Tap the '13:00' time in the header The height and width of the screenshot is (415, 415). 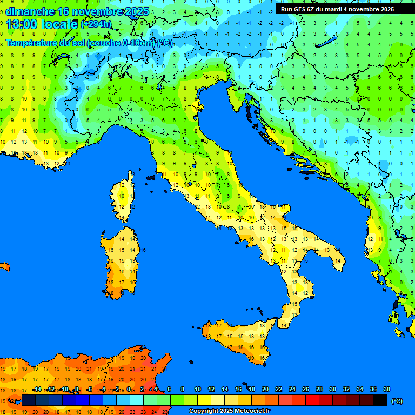click(22, 24)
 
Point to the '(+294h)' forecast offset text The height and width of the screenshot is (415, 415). click(96, 24)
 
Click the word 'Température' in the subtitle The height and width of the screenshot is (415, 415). click(32, 43)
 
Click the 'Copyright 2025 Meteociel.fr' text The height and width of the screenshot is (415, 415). click(229, 411)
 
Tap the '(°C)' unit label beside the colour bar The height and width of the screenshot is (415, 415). click(397, 400)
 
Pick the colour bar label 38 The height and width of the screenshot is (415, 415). click(386, 389)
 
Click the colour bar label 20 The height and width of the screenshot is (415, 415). click(265, 389)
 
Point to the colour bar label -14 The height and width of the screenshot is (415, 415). click(37, 389)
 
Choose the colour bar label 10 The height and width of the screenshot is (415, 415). click(198, 389)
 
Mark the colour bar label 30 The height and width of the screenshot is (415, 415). click(333, 389)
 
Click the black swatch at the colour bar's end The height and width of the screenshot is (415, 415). click(380, 400)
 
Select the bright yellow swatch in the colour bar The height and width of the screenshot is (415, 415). click(204, 400)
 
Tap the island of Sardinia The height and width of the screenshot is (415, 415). click(122, 262)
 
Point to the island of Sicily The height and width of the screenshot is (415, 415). click(238, 340)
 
